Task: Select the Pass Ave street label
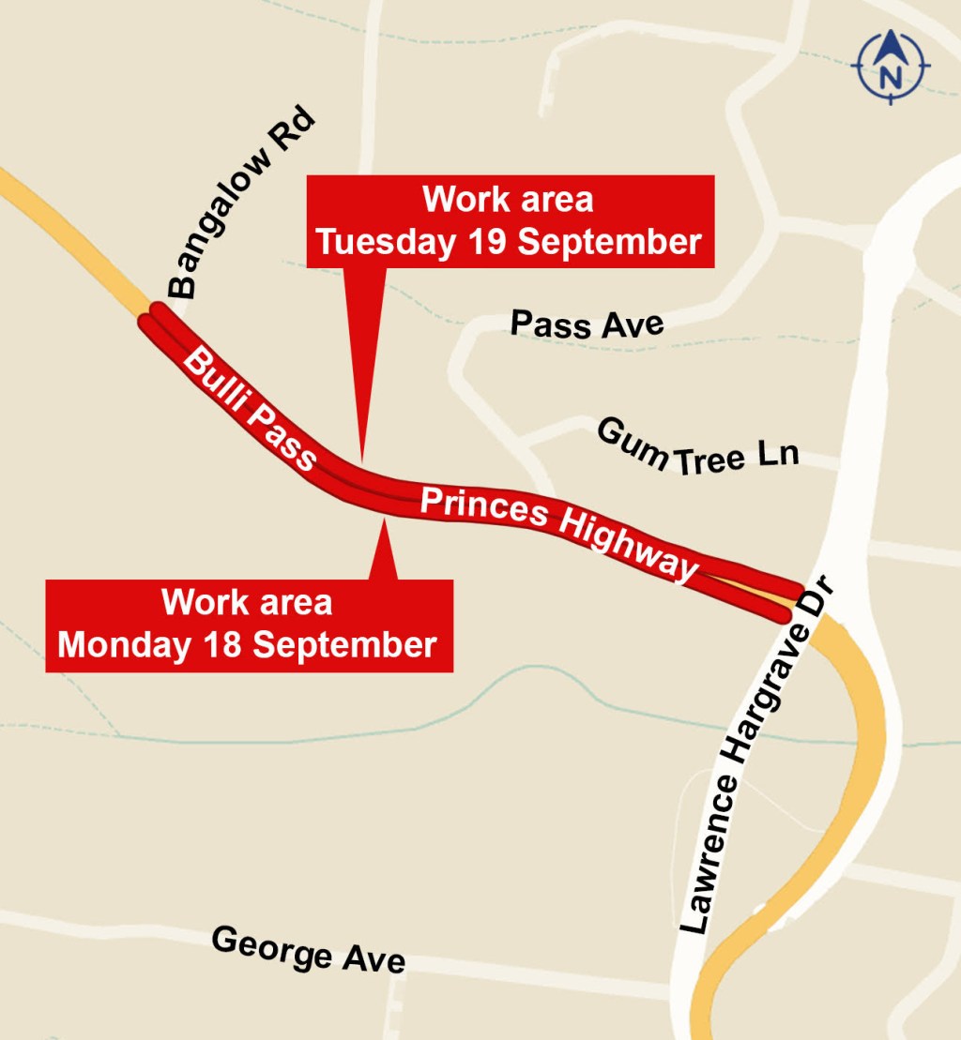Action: click(587, 324)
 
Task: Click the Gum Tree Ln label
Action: click(697, 448)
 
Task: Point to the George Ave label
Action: click(308, 948)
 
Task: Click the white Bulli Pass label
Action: click(249, 409)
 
